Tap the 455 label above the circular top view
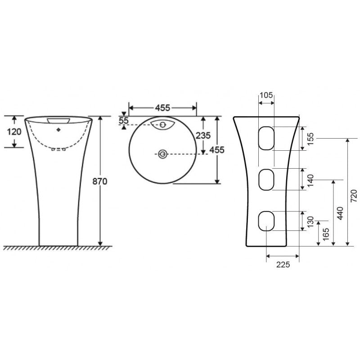pyautogui.click(x=162, y=108)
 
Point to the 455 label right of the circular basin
pyautogui.click(x=217, y=150)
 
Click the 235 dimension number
pyautogui.click(x=203, y=135)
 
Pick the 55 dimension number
pyautogui.click(x=124, y=121)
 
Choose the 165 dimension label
pyautogui.click(x=326, y=233)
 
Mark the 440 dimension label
pyautogui.click(x=340, y=213)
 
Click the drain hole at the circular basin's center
pyautogui.click(x=162, y=154)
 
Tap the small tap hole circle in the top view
pyautogui.click(x=163, y=124)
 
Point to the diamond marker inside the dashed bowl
pyautogui.click(x=58, y=130)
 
